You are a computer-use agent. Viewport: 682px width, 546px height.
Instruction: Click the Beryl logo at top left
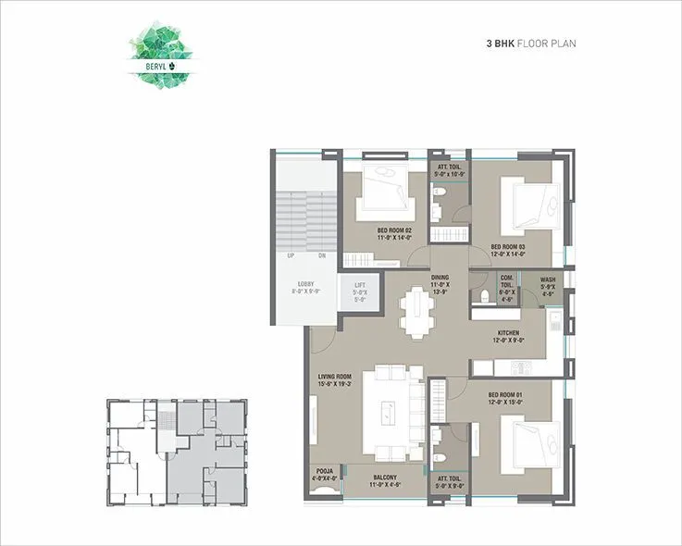click(158, 58)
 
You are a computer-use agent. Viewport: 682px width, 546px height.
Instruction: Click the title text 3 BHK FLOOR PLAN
click(531, 43)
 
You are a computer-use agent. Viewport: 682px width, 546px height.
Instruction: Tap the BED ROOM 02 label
click(393, 233)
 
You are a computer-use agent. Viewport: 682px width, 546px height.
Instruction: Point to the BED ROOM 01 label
click(505, 398)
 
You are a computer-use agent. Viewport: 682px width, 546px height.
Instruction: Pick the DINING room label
click(440, 281)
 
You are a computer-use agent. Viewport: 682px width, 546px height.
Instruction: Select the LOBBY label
click(304, 287)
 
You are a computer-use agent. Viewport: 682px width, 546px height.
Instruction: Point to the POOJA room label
click(324, 474)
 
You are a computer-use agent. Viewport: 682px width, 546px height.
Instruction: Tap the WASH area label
click(548, 282)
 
